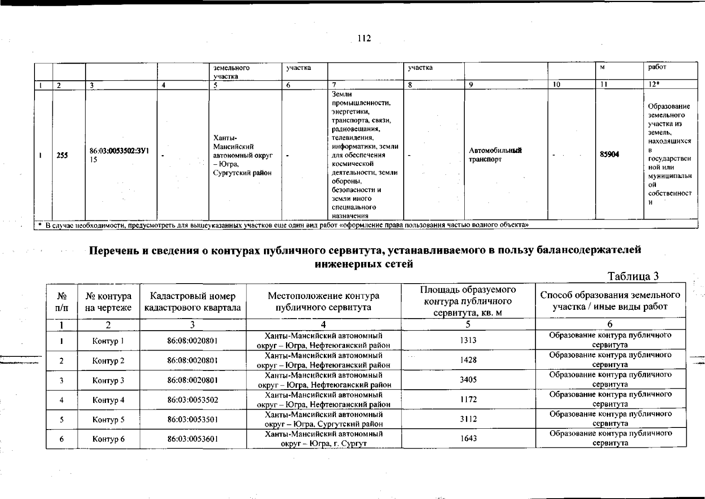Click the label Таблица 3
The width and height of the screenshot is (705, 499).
633,276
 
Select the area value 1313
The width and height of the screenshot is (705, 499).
468,340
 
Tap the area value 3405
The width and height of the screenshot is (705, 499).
468,380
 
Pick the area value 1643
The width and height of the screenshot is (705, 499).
468,439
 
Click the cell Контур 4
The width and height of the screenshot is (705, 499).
108,400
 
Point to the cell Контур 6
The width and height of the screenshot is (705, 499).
108,439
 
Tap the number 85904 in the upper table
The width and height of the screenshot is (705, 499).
609,154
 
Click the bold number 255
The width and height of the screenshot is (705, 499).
62,156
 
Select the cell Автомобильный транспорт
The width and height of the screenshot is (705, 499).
495,155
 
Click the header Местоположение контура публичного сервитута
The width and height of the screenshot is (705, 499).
323,301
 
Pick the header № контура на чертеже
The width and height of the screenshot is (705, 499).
108,301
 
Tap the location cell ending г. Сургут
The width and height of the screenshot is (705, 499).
324,439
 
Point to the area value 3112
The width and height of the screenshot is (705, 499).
468,419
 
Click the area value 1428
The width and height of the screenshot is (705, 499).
468,360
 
